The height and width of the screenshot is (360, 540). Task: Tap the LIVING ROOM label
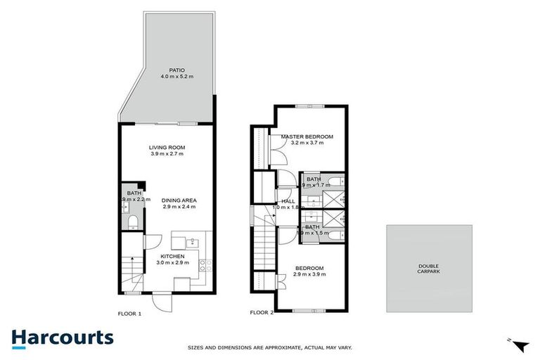167,147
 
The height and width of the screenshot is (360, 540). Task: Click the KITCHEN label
172,256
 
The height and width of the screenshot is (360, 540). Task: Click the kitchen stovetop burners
203,266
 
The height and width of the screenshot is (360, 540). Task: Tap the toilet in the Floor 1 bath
131,223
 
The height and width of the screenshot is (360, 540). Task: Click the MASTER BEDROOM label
307,136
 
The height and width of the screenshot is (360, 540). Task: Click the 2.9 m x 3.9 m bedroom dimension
309,275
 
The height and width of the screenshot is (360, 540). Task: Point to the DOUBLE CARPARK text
428,269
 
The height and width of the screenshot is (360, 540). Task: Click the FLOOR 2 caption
262,312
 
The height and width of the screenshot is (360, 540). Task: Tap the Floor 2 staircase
264,253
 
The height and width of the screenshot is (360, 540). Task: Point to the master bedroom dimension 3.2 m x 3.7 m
307,143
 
